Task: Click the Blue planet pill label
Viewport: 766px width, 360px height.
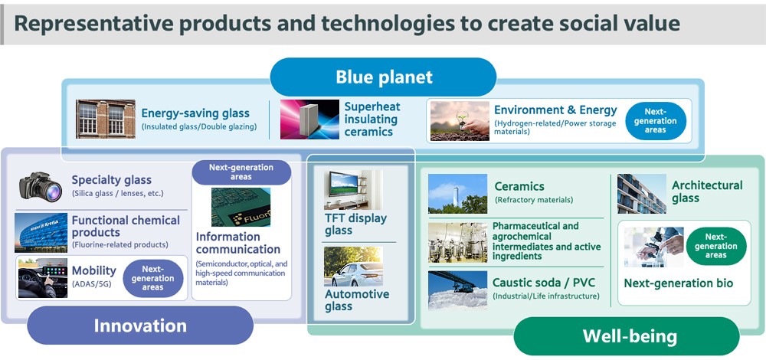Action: click(383, 77)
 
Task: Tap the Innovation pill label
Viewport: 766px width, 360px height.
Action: click(140, 326)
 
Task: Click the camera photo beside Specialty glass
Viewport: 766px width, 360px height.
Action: click(41, 186)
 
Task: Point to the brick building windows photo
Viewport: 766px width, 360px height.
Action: click(106, 119)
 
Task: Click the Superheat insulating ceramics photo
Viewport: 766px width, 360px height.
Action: click(309, 119)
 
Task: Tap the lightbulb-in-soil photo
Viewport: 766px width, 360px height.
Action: click(460, 121)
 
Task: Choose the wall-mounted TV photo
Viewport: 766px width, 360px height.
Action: click(352, 189)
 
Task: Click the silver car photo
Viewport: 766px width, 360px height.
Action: click(353, 267)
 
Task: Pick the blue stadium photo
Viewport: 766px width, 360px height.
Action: click(41, 233)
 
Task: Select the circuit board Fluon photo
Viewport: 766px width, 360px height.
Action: click(241, 207)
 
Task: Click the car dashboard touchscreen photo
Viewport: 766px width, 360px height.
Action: click(43, 278)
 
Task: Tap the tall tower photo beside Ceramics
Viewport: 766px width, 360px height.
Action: click(458, 194)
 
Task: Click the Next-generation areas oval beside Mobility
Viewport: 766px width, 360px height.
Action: click(153, 278)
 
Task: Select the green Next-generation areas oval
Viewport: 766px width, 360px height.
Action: click(716, 246)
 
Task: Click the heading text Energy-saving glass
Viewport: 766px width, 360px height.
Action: click(195, 113)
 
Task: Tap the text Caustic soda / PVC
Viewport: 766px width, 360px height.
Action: click(544, 283)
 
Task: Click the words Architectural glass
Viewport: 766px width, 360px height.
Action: click(707, 191)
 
